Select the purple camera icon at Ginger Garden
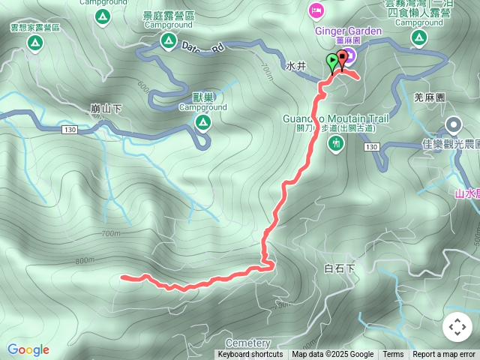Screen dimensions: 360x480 click(x=350, y=54)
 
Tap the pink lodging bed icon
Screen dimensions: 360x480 click(x=315, y=10)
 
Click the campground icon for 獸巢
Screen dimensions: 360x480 click(x=202, y=122)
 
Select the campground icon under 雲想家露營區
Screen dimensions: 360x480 click(x=34, y=43)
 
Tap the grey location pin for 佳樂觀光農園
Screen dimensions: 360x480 click(x=453, y=125)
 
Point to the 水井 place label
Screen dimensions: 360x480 click(x=296, y=66)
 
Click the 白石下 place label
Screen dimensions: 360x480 click(x=339, y=268)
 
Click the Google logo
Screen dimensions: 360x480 click(x=28, y=349)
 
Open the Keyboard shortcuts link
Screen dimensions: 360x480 click(x=250, y=355)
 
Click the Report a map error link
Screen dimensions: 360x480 click(x=444, y=355)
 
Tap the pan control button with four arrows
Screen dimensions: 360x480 click(x=457, y=326)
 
